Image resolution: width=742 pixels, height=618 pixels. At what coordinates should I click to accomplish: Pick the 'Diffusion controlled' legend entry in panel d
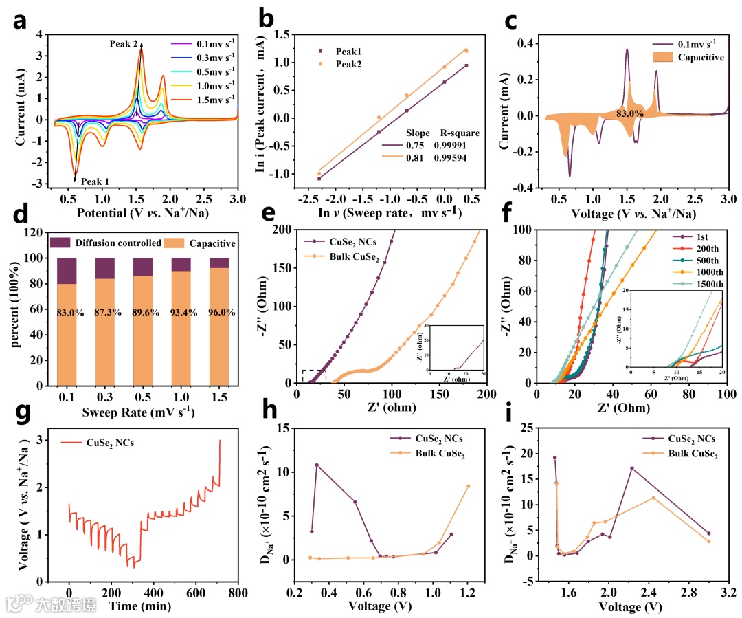tap(104, 242)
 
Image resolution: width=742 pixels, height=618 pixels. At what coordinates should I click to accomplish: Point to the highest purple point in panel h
tap(317, 465)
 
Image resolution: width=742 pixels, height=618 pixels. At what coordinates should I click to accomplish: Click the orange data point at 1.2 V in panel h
tap(469, 486)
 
